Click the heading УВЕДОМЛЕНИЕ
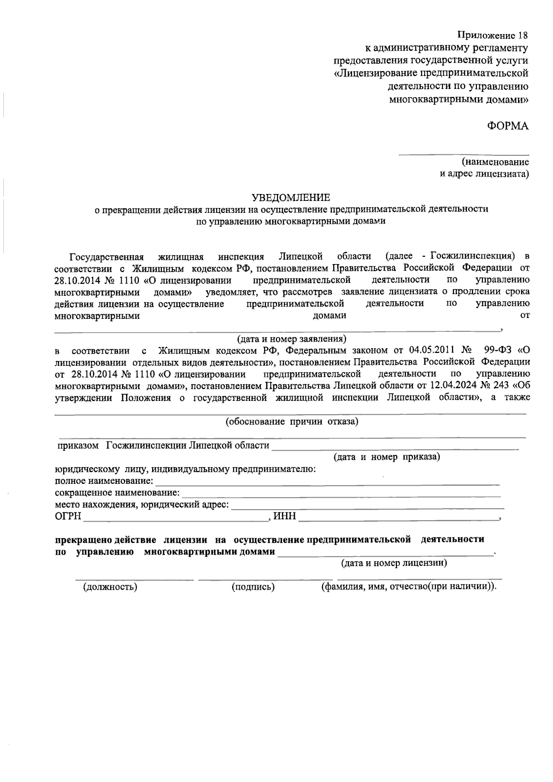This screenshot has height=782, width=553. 291,198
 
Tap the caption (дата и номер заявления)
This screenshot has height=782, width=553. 291,339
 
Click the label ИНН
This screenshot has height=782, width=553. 284,517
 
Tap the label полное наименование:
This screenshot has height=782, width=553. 104,481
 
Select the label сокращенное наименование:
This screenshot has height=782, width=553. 117,493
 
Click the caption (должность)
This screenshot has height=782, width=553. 110,587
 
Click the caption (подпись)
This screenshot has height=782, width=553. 253,587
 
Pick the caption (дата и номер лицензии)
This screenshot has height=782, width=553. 394,563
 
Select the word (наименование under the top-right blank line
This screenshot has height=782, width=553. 495,162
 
